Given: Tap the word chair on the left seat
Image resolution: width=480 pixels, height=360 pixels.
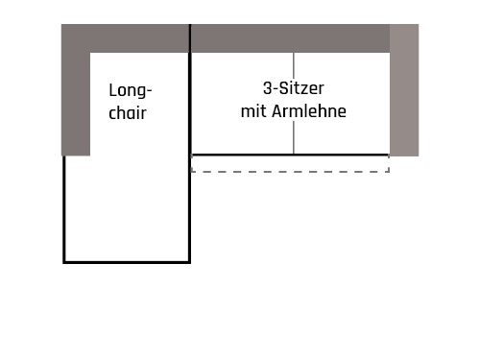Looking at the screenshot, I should [129, 112].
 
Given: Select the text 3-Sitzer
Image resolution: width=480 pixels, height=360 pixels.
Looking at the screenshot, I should [293, 89].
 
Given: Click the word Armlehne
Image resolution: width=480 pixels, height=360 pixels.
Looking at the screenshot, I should [308, 111].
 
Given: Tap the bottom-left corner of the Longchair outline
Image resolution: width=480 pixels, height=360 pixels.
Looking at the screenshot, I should [64, 261].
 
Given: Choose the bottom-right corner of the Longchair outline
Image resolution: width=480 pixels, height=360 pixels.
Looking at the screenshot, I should [190, 261].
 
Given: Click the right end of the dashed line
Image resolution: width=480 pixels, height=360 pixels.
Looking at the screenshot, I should [388, 172].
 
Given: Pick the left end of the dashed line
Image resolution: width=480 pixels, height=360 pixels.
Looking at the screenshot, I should [193, 172].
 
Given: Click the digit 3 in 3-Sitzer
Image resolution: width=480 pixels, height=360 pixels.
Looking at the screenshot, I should [265, 89].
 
